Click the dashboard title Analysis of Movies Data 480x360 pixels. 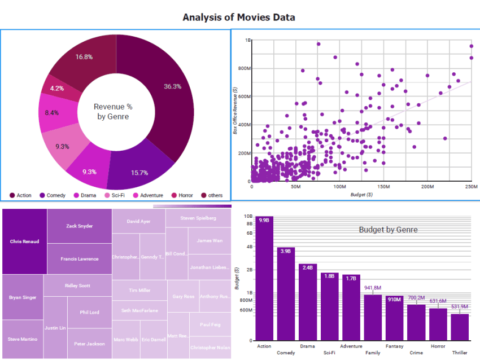[x=238, y=17]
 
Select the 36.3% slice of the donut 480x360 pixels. [x=175, y=96]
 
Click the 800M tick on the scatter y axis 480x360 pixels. [x=244, y=68]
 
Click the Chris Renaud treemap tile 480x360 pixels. [x=24, y=242]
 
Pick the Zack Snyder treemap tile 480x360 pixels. [x=79, y=226]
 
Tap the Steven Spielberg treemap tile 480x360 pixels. [x=198, y=218]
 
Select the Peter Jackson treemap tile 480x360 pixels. [x=89, y=344]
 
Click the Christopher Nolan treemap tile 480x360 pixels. [x=210, y=347]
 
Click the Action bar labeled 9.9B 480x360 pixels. [x=264, y=282]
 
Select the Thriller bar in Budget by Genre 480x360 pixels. [x=460, y=327]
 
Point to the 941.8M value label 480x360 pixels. [x=373, y=287]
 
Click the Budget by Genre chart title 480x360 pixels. [x=388, y=230]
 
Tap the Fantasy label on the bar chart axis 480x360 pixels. [x=394, y=346]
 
